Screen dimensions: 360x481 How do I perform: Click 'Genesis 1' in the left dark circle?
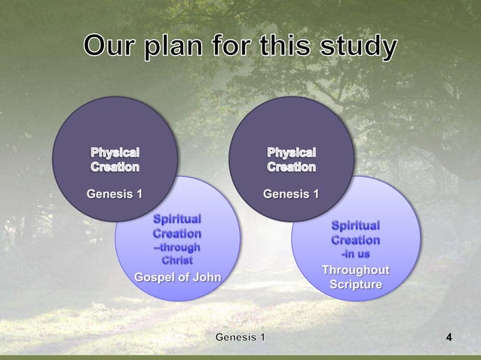(x=115, y=195)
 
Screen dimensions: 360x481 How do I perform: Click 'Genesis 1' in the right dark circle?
(x=291, y=195)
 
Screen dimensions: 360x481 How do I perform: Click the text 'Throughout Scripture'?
(x=355, y=278)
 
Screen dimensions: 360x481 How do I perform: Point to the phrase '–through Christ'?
(x=177, y=253)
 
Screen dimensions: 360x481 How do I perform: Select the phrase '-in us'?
(x=355, y=254)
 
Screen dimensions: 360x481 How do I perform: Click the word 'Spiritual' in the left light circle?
(x=177, y=219)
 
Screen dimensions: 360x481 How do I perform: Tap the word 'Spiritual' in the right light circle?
(x=355, y=225)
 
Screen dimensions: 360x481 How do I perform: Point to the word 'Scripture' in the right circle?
(x=355, y=285)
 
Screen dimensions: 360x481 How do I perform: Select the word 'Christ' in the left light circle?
(x=177, y=260)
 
